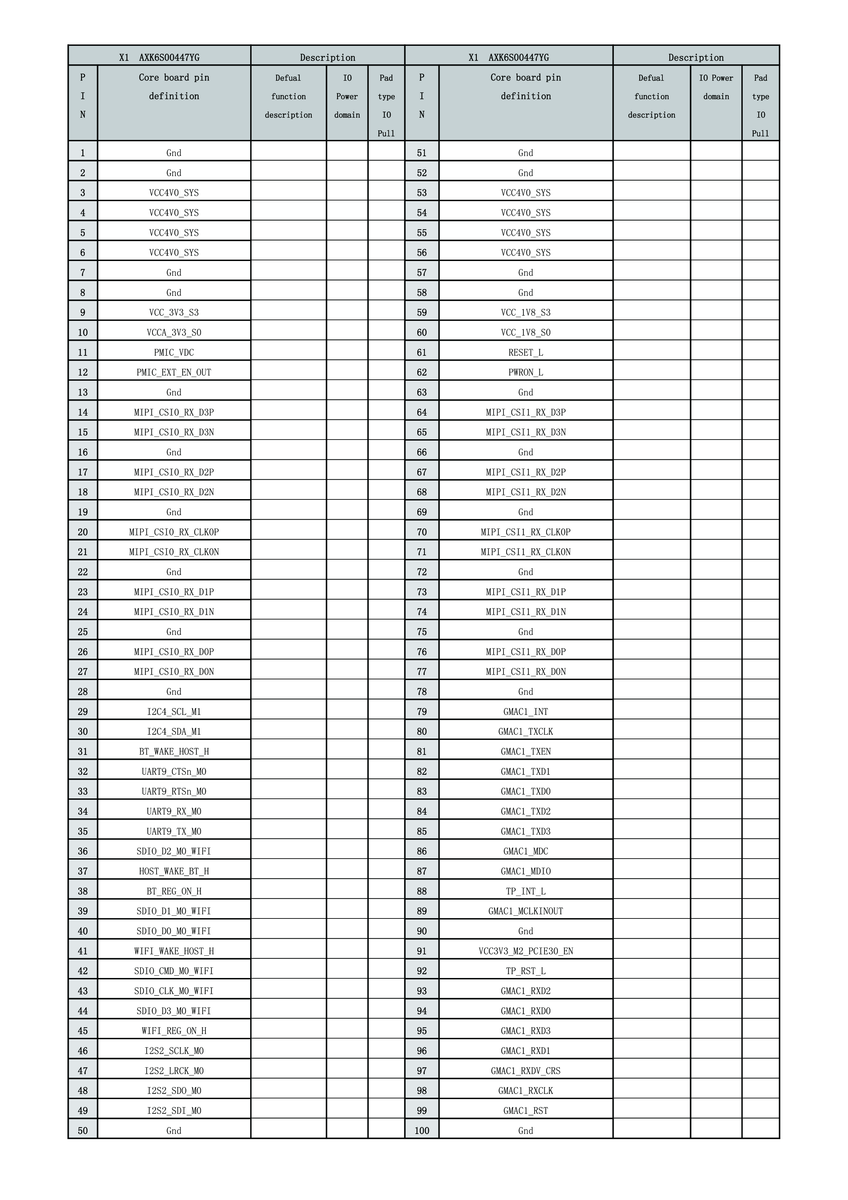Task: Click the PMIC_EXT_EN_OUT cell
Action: [174, 372]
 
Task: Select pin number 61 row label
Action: [421, 352]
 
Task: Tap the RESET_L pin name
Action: [525, 352]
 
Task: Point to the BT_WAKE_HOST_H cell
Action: [174, 751]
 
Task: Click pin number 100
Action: [421, 1131]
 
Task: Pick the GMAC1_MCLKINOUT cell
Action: [525, 911]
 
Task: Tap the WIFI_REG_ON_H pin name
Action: [174, 1031]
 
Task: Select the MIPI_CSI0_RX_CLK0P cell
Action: [174, 532]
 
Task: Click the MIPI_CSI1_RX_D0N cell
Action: [525, 671]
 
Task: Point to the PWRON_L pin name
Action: [525, 372]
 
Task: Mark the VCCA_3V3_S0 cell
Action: [174, 332]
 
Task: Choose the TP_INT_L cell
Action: [525, 891]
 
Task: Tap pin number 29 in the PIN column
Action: [82, 711]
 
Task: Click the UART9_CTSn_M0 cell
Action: [174, 771]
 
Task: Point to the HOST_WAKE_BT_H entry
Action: [174, 871]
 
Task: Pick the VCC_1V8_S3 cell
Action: [525, 313]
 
